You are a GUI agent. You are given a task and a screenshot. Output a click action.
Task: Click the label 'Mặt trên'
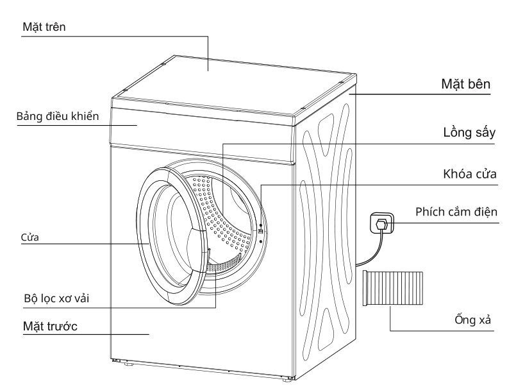[x=44, y=27]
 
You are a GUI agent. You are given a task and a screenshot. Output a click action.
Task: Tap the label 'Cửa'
[x=30, y=237]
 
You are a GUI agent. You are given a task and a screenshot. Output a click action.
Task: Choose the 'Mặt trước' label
[x=49, y=327]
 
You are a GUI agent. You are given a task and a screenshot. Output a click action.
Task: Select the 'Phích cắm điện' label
[x=456, y=212]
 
